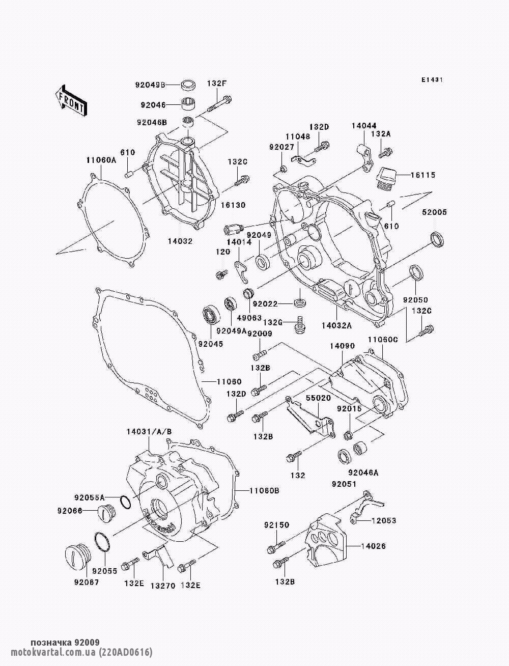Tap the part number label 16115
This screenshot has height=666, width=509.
(x=423, y=175)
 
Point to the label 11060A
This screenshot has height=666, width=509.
(x=101, y=160)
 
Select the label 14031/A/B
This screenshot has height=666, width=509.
(x=149, y=432)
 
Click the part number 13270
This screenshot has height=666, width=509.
(x=163, y=586)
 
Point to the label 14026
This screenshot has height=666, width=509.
(x=374, y=546)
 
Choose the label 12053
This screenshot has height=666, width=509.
(x=384, y=520)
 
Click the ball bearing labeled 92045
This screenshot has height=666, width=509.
(x=210, y=315)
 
